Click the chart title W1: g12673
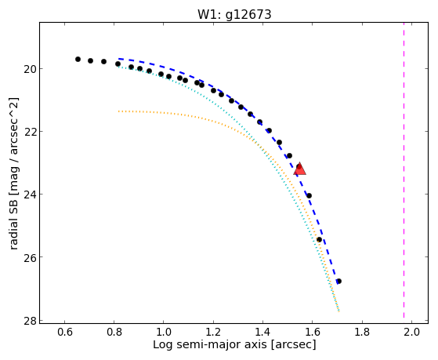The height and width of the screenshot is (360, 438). coord(234,14)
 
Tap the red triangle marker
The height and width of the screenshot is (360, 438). coord(300,169)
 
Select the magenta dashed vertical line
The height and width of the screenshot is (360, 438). coord(404,170)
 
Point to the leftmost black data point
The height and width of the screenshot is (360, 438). coord(78,60)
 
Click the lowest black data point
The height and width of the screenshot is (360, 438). coord(338,281)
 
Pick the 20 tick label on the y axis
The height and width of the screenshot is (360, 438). coord(29,69)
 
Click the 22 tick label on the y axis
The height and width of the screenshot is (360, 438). coord(29,132)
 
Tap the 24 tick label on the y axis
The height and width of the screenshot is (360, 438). coord(29,195)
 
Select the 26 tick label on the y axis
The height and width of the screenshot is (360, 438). coord(29,257)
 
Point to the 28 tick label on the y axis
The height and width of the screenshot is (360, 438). coord(29,320)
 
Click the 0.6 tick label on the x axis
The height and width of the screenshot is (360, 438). coord(64,332)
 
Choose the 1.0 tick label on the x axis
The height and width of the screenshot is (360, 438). coord(164,332)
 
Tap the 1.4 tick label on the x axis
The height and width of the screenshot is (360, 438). coord(262,332)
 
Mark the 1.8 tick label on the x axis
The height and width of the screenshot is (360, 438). coord(362,332)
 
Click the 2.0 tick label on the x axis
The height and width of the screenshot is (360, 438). coord(411,332)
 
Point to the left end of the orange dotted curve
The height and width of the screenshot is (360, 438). coord(119,111)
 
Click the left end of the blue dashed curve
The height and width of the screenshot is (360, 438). coord(119,59)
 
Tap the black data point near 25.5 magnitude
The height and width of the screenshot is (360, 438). coord(319,240)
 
